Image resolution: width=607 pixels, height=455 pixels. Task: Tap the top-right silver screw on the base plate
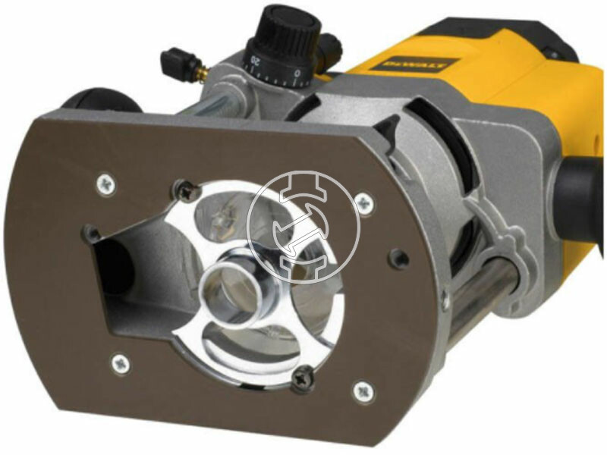(365, 202)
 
